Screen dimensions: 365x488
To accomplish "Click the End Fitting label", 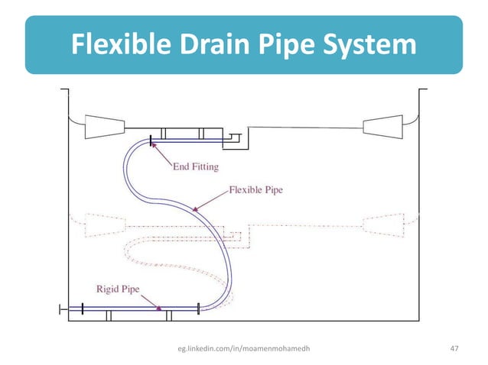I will [195, 166].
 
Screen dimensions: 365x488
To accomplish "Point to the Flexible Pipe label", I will [256, 189].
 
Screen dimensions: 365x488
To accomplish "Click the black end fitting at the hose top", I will [151, 140].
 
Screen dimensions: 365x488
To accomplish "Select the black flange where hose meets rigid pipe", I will [198, 308].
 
